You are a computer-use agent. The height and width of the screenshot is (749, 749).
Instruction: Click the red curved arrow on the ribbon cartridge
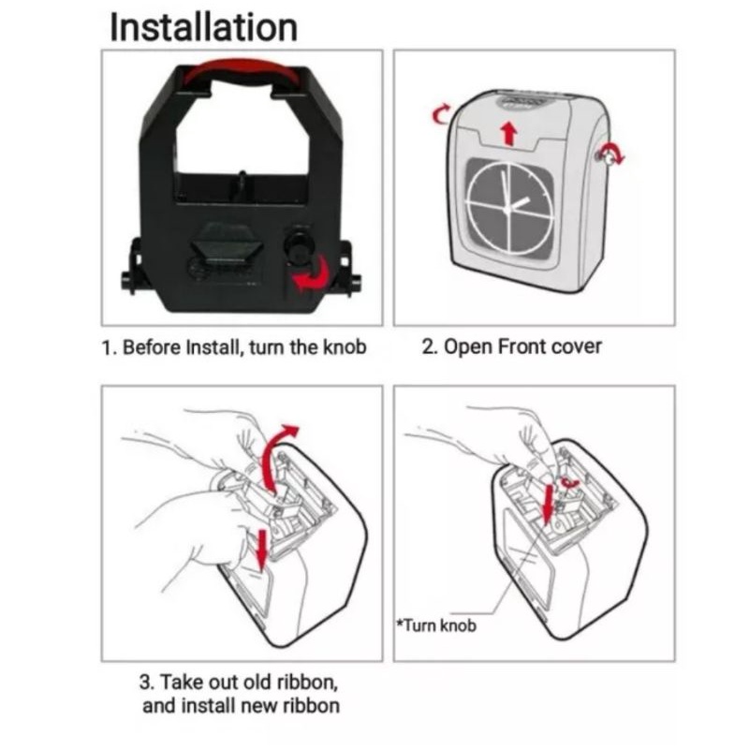click(308, 274)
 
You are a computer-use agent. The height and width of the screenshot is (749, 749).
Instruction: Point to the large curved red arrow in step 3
click(275, 457)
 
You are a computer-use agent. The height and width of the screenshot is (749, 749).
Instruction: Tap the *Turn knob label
click(437, 624)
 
